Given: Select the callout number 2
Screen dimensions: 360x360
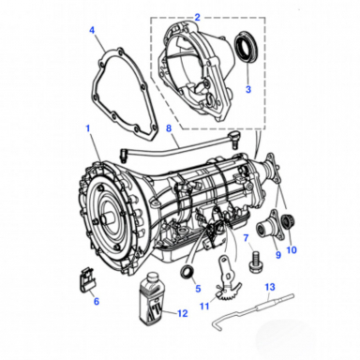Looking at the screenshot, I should click(x=197, y=17).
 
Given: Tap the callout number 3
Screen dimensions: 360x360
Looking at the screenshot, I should click(x=247, y=89).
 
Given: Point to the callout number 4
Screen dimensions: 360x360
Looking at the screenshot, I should click(x=92, y=30).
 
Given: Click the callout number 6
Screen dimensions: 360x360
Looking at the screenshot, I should click(x=96, y=302).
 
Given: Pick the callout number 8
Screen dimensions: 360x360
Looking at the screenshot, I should click(x=167, y=127).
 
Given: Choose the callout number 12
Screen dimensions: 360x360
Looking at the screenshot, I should click(x=181, y=312).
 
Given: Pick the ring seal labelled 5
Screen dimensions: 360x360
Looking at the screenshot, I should click(x=188, y=274).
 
